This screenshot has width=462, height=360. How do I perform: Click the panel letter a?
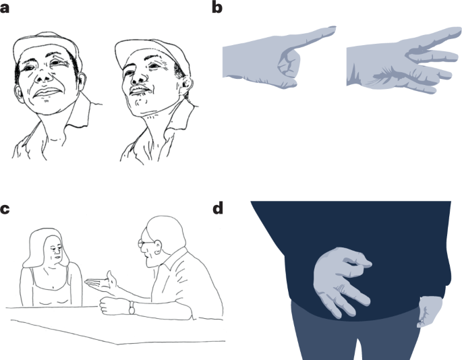pos(5,8)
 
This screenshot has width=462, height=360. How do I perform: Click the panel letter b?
pos(217,7)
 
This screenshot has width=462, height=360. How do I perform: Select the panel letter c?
pos(5,209)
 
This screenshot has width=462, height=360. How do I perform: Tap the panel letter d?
pos(217,208)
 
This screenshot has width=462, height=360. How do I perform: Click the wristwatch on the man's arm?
pos(132,308)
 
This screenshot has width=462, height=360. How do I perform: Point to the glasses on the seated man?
pos(144,243)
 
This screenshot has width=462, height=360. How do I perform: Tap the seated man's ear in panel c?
pos(158,247)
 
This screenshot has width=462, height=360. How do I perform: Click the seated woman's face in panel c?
pos(53,252)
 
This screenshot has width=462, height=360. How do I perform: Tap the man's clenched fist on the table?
pos(114,306)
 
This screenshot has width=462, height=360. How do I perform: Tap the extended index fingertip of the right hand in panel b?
pos(458,30)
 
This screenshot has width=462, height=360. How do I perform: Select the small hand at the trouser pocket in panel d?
pos(430,311)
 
